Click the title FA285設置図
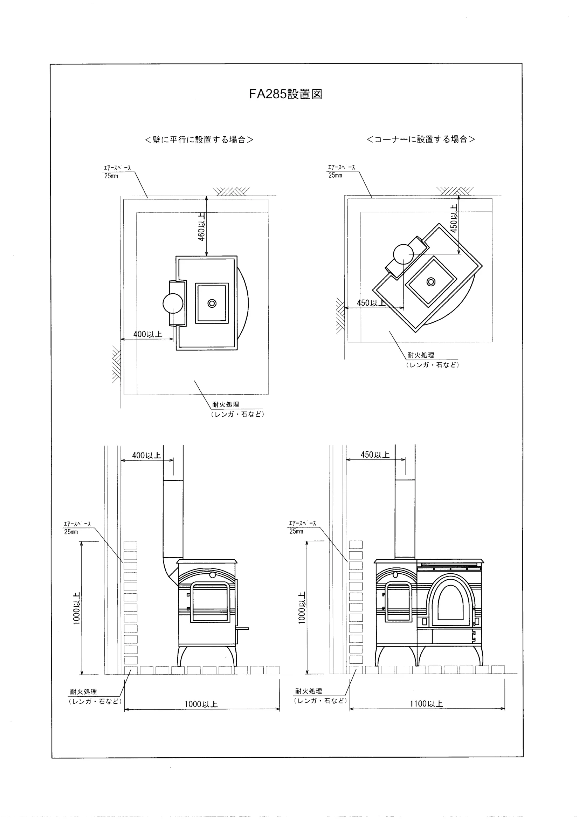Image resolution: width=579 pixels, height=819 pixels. [285, 94]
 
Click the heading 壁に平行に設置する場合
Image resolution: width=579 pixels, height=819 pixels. [199, 139]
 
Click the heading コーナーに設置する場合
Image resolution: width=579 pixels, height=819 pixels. [421, 139]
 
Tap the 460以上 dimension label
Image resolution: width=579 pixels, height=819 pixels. [201, 227]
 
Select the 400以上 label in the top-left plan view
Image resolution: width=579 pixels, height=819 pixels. [147, 334]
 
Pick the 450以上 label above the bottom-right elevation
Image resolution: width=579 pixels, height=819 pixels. [375, 455]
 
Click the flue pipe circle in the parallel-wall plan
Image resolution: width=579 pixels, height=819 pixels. [173, 303]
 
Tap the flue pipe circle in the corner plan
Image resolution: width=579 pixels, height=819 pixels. [403, 254]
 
